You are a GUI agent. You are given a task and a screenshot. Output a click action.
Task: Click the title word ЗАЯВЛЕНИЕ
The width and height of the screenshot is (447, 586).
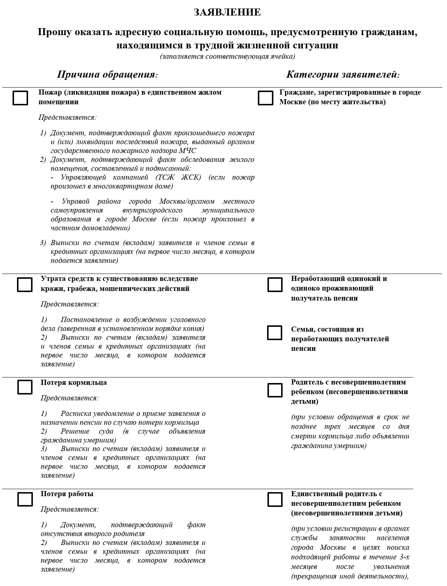pyautogui.click(x=227, y=13)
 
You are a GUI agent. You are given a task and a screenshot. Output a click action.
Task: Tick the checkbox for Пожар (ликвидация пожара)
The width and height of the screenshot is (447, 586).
pyautogui.click(x=20, y=98)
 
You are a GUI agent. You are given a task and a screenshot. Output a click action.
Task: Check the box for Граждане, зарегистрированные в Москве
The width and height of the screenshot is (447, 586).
pyautogui.click(x=265, y=98)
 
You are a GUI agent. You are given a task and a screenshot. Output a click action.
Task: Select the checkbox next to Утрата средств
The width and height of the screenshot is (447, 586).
pyautogui.click(x=25, y=284)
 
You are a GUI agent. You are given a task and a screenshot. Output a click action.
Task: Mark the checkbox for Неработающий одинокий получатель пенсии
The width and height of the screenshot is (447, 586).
pyautogui.click(x=274, y=284)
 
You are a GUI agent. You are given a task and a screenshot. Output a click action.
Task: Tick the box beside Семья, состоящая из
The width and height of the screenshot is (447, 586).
pyautogui.click(x=274, y=332)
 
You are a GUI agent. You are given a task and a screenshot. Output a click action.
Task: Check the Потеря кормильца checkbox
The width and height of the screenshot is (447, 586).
pyautogui.click(x=25, y=387)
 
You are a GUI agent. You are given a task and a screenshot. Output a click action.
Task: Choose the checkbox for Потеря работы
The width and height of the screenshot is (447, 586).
pyautogui.click(x=25, y=499)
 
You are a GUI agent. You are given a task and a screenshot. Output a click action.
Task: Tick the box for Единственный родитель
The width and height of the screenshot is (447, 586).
pyautogui.click(x=274, y=499)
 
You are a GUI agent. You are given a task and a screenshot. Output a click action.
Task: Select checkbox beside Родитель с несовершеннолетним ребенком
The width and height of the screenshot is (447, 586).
pyautogui.click(x=274, y=390)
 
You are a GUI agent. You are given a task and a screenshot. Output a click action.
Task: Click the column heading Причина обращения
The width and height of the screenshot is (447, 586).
pyautogui.click(x=107, y=74)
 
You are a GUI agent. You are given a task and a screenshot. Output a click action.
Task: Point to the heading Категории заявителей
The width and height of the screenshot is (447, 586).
pyautogui.click(x=343, y=74)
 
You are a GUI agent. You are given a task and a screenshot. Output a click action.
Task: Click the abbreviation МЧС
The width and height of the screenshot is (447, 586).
pyautogui.click(x=188, y=151)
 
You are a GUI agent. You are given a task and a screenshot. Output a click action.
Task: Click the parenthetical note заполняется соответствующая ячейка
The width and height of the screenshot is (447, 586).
pyautogui.click(x=227, y=57)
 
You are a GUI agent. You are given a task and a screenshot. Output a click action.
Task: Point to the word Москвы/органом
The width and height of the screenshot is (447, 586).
pyautogui.click(x=187, y=201)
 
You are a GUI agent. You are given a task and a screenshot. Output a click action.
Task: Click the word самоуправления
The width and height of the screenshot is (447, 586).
pyautogui.click(x=77, y=210)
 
